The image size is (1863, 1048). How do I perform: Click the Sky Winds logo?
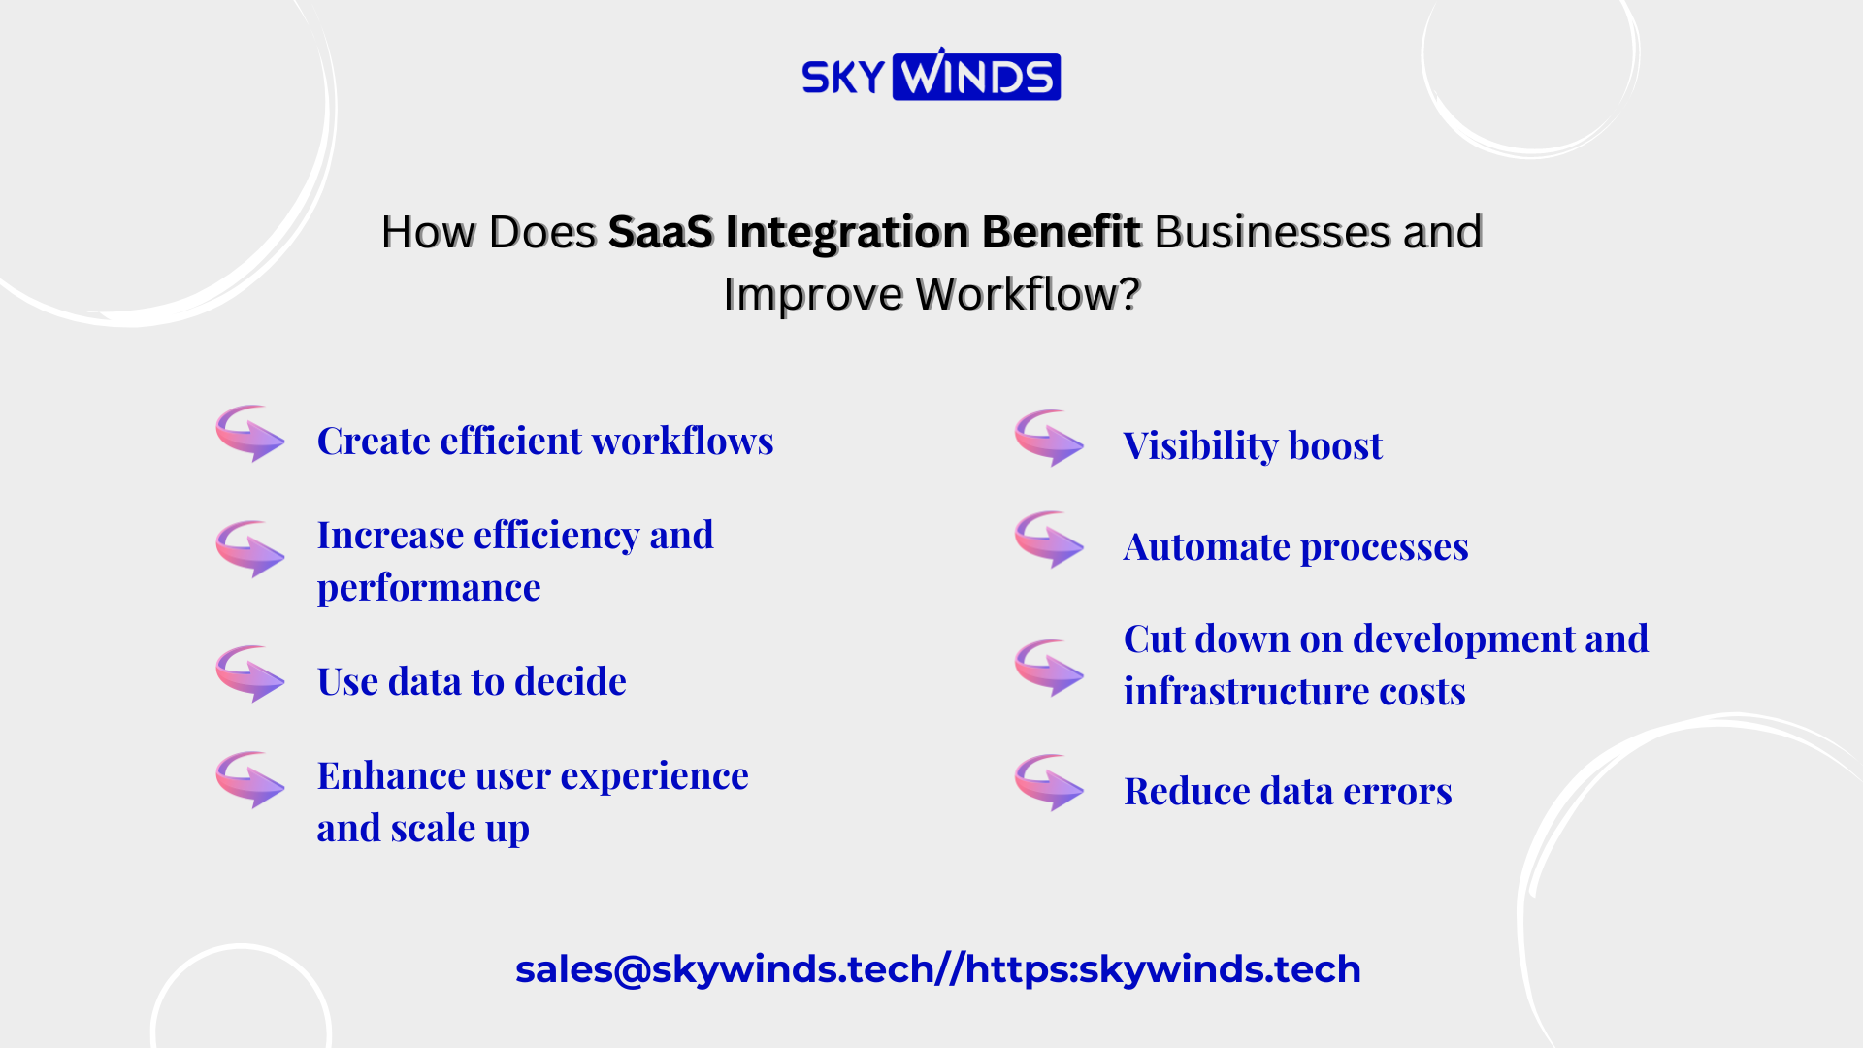click(931, 75)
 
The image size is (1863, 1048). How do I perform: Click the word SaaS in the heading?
click(660, 232)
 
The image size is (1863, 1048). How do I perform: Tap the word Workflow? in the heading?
click(1028, 293)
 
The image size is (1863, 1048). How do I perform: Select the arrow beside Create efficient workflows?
click(250, 434)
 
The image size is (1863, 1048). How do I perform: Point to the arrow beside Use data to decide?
click(250, 674)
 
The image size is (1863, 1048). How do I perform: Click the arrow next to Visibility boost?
click(1049, 439)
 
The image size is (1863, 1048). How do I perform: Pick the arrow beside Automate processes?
click(1049, 540)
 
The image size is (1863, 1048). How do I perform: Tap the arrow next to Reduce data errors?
click(1049, 783)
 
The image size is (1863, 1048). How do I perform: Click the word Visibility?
click(1200, 445)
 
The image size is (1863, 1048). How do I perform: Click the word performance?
click(429, 589)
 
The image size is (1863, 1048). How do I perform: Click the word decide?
click(571, 681)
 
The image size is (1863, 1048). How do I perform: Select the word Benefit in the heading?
click(1062, 232)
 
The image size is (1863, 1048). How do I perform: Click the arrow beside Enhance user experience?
click(250, 780)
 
